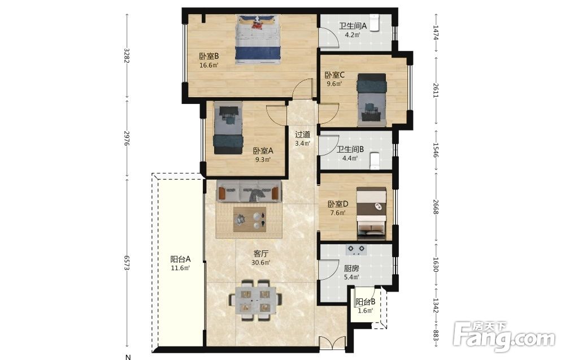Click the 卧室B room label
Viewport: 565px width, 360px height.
pyautogui.click(x=209, y=57)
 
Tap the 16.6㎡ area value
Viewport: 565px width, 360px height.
pyautogui.click(x=209, y=66)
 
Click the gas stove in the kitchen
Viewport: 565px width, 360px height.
pyautogui.click(x=357, y=250)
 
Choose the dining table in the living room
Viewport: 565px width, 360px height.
pyautogui.click(x=255, y=300)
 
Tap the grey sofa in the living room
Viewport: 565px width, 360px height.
pyautogui.click(x=249, y=190)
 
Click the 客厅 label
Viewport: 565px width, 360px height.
pyautogui.click(x=261, y=254)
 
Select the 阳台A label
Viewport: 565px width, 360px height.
pyautogui.click(x=180, y=259)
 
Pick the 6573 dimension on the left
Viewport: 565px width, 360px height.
pyautogui.click(x=127, y=262)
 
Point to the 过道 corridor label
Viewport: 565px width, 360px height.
pyautogui.click(x=303, y=135)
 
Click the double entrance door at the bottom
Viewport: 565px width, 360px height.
pyautogui.click(x=332, y=342)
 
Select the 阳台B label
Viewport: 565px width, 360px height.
pyautogui.click(x=366, y=302)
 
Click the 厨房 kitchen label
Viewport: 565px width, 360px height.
pyautogui.click(x=351, y=268)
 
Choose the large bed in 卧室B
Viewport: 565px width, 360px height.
pyautogui.click(x=258, y=40)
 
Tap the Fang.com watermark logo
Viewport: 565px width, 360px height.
pyautogui.click(x=505, y=337)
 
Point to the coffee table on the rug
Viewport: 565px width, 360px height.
pyautogui.click(x=250, y=219)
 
